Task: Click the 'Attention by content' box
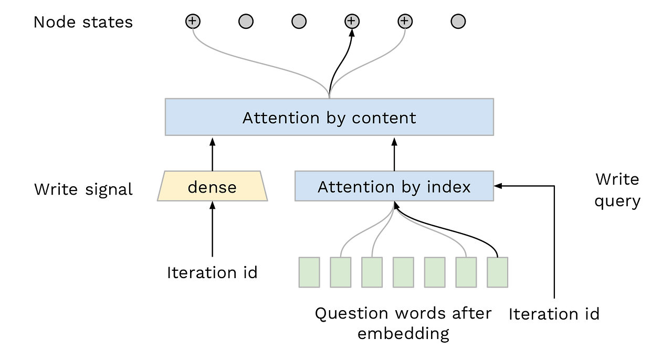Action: click(x=329, y=117)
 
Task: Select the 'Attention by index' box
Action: click(x=394, y=186)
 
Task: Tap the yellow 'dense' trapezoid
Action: click(x=212, y=186)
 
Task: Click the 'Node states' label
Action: click(x=83, y=22)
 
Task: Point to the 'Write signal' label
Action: click(x=83, y=189)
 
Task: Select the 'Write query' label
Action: click(x=617, y=190)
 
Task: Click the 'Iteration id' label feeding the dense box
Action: click(x=212, y=273)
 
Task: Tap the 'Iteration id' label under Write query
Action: click(x=554, y=314)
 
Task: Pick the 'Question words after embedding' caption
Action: click(x=403, y=323)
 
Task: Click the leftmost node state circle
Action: click(x=193, y=22)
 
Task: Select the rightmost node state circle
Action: click(x=458, y=22)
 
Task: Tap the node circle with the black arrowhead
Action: click(x=351, y=22)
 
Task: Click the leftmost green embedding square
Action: click(x=309, y=272)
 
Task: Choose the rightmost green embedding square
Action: click(x=497, y=272)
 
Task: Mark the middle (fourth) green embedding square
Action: click(x=403, y=272)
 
